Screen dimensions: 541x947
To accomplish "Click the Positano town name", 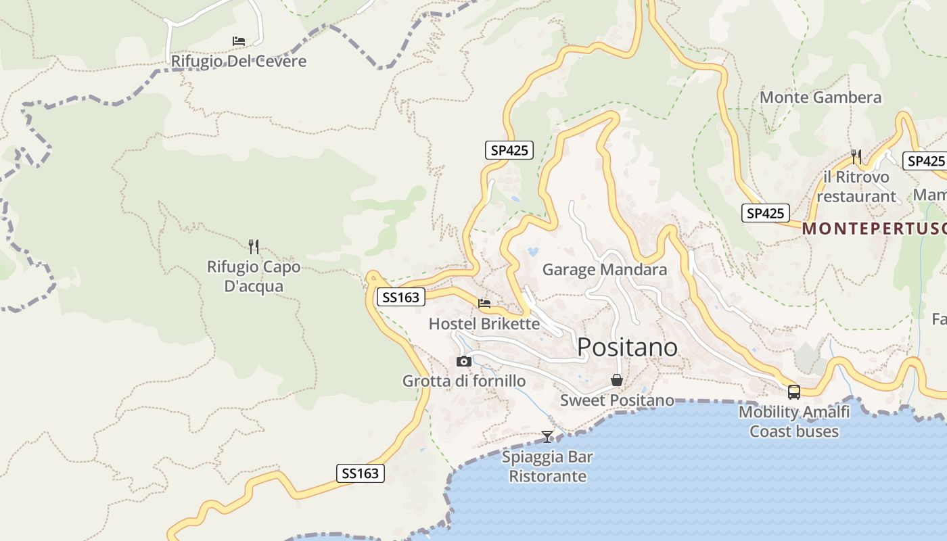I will click(627, 347).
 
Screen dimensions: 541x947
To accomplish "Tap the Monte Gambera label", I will click(821, 97).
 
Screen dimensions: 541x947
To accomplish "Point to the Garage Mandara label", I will click(605, 270).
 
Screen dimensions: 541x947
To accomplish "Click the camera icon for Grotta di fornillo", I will click(464, 362).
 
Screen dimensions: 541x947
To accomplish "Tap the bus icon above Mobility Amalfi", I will click(794, 392).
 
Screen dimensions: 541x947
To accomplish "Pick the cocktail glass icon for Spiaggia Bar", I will click(547, 437).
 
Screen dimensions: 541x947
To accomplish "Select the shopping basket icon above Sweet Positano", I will click(617, 380).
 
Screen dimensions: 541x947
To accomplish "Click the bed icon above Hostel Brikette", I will click(484, 304).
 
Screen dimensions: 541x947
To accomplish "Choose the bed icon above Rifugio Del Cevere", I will click(239, 41).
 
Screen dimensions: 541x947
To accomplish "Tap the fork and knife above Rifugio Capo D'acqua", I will click(254, 246).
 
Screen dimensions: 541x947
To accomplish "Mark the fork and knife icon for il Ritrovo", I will click(856, 157).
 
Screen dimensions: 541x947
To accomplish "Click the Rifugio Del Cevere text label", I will click(239, 62).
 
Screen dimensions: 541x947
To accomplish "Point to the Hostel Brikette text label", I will click(484, 324).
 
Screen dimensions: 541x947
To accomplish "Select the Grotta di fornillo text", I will click(464, 381).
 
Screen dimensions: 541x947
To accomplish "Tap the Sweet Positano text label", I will click(617, 400).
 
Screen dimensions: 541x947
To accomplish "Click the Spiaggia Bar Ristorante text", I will click(547, 467).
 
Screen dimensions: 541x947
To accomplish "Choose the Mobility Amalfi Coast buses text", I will click(794, 421).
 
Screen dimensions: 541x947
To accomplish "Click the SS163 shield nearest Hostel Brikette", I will click(400, 297).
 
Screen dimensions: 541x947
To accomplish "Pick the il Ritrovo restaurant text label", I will click(856, 187).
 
